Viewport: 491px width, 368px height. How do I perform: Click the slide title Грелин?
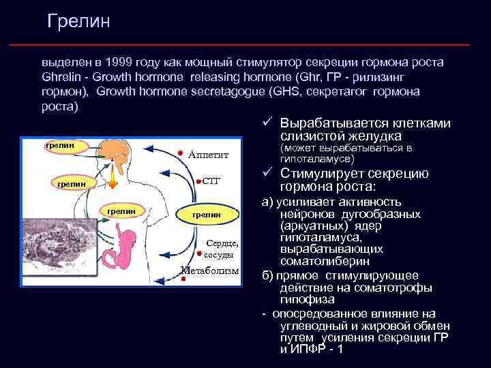(x=79, y=22)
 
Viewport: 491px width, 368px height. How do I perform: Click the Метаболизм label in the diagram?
(x=211, y=271)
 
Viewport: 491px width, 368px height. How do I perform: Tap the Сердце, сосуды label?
(x=222, y=249)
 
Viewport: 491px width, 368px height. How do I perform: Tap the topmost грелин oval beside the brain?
(x=59, y=145)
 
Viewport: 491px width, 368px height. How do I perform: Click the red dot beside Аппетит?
(x=180, y=152)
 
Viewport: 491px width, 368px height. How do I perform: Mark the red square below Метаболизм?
(x=183, y=279)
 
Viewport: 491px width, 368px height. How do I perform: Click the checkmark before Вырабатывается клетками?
(x=268, y=123)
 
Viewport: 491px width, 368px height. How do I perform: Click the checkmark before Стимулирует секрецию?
(x=268, y=173)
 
